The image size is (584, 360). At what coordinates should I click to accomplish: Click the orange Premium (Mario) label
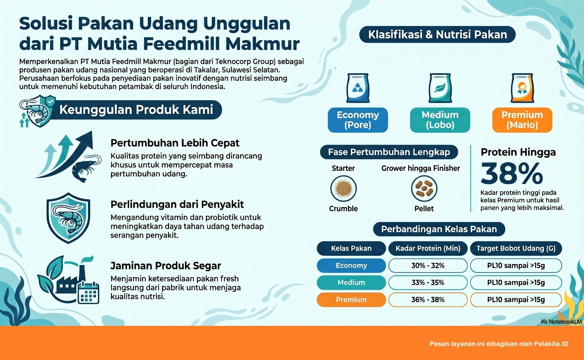[522, 120]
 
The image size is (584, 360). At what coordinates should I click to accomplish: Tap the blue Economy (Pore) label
[358, 120]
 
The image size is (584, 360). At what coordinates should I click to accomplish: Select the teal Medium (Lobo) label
[440, 120]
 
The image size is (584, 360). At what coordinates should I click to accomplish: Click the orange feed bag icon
[522, 88]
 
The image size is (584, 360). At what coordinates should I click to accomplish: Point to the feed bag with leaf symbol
[440, 88]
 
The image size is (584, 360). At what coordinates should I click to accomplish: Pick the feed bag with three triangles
[358, 88]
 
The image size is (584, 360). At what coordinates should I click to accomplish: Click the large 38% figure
[512, 173]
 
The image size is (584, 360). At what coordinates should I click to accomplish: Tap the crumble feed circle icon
[343, 188]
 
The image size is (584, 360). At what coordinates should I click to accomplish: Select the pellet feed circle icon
[424, 188]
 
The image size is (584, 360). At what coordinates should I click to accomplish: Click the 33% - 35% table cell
[428, 283]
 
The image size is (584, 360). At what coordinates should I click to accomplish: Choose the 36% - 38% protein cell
[428, 299]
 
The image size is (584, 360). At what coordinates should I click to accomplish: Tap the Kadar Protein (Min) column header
[428, 248]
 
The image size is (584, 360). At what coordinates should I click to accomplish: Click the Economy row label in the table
[351, 265]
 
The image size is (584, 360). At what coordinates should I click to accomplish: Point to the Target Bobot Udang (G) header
[516, 248]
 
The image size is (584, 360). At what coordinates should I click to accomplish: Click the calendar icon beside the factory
[89, 293]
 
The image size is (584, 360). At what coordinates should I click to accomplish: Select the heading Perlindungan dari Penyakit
[177, 204]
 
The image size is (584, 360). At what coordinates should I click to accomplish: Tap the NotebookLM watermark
[561, 322]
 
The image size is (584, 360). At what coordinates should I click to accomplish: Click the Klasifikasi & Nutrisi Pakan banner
[437, 34]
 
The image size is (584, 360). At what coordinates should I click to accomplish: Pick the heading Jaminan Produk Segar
[166, 265]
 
